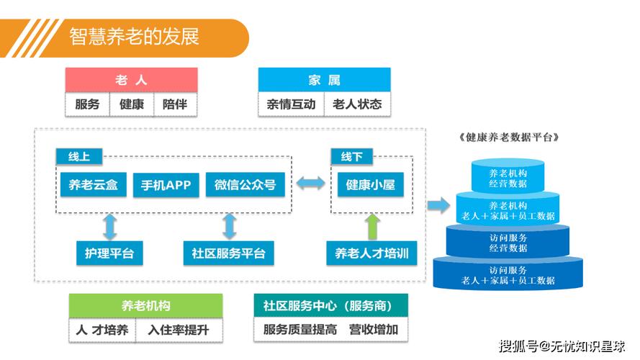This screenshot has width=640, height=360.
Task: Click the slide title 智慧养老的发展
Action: click(135, 37)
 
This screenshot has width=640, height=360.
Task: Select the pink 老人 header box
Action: click(131, 80)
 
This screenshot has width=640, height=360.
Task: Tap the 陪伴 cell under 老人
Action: click(175, 104)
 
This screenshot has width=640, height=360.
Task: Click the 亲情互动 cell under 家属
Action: click(291, 104)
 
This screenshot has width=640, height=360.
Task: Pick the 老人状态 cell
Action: click(357, 104)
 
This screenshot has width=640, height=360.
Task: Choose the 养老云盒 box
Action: click(94, 185)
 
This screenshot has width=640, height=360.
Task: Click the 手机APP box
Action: click(166, 185)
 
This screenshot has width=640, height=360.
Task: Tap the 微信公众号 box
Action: click(245, 185)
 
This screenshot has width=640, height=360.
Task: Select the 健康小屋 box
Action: click(370, 185)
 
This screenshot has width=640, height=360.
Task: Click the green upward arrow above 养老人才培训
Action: click(372, 226)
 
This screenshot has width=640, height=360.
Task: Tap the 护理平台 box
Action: click(109, 253)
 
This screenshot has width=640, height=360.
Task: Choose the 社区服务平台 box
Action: click(228, 253)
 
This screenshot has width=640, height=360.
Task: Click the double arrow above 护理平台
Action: click(109, 226)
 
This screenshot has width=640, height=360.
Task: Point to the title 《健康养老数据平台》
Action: click(508, 138)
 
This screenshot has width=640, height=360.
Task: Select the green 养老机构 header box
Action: click(145, 306)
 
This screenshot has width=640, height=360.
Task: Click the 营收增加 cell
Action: click(374, 330)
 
